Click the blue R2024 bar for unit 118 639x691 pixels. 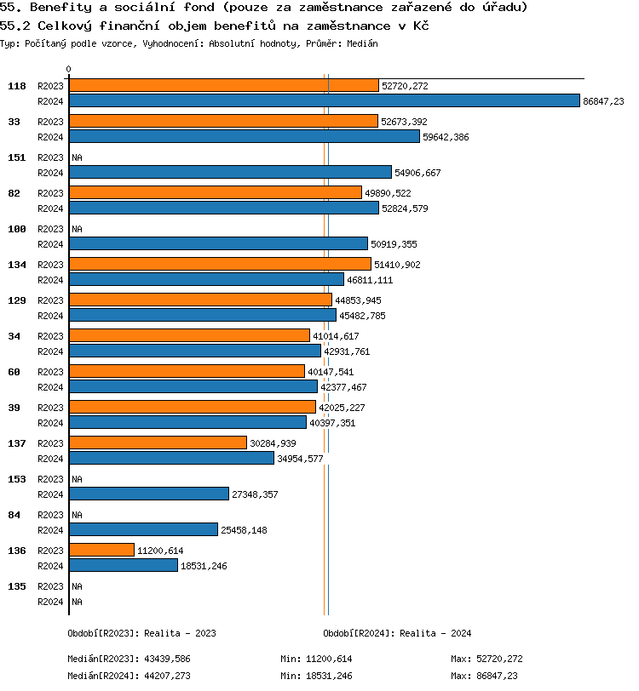coord(324,100)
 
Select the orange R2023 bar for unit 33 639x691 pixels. coord(223,121)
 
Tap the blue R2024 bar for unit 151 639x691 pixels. coord(230,172)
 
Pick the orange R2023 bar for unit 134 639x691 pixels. coord(220,264)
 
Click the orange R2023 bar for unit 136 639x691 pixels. coord(101,550)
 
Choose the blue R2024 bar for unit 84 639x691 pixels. coord(143,529)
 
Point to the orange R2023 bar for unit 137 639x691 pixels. coord(158,443)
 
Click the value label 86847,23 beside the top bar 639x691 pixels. coord(603,101)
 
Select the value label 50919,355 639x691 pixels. coord(394,244)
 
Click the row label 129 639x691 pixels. coord(17,300)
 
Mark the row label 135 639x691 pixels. coord(17,586)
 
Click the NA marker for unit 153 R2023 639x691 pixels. coord(77,479)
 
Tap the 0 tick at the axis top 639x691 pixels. coord(69,70)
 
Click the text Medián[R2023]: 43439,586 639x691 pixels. coord(130,659)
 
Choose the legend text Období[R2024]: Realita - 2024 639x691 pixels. coord(397,633)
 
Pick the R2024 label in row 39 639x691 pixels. coord(50,422)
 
